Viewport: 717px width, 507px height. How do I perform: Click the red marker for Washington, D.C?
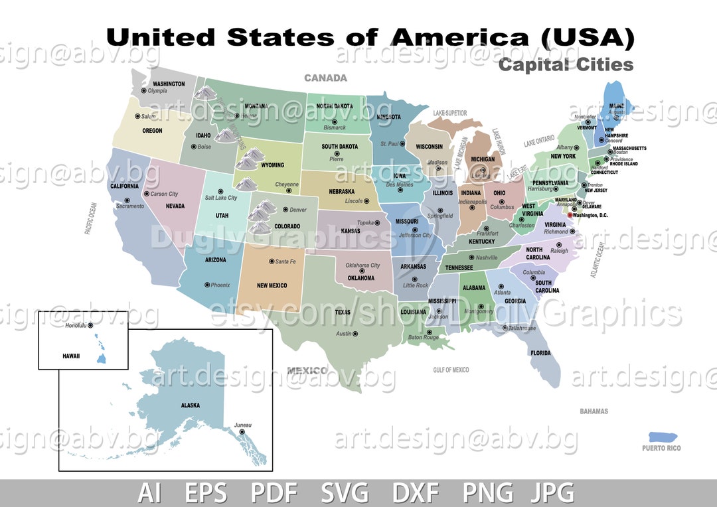[570, 215]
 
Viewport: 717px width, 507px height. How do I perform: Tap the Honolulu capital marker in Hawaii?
[90, 326]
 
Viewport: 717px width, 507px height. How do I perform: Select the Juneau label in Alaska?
[243, 425]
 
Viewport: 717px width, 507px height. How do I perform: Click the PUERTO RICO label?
[661, 448]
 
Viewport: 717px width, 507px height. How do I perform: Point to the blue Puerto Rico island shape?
[663, 437]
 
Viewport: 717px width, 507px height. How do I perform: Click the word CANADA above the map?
[325, 78]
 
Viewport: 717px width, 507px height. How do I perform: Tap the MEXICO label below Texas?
[307, 370]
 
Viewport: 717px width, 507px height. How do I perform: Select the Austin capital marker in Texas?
[356, 334]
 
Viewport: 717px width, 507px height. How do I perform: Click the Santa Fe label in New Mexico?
[285, 261]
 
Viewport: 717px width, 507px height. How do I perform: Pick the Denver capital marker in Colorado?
[285, 210]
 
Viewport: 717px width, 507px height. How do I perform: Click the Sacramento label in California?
[129, 206]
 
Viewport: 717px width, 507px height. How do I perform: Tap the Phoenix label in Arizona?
[220, 285]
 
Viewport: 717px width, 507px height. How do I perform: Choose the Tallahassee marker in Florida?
[505, 328]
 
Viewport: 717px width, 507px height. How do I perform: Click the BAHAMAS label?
[594, 411]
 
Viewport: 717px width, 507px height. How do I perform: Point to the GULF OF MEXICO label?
[451, 370]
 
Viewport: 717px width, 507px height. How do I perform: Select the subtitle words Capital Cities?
[566, 64]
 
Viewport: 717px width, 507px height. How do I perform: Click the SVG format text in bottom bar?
[345, 493]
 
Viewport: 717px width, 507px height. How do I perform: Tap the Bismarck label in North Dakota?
[335, 127]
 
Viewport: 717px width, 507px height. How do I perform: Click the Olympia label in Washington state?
[157, 91]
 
